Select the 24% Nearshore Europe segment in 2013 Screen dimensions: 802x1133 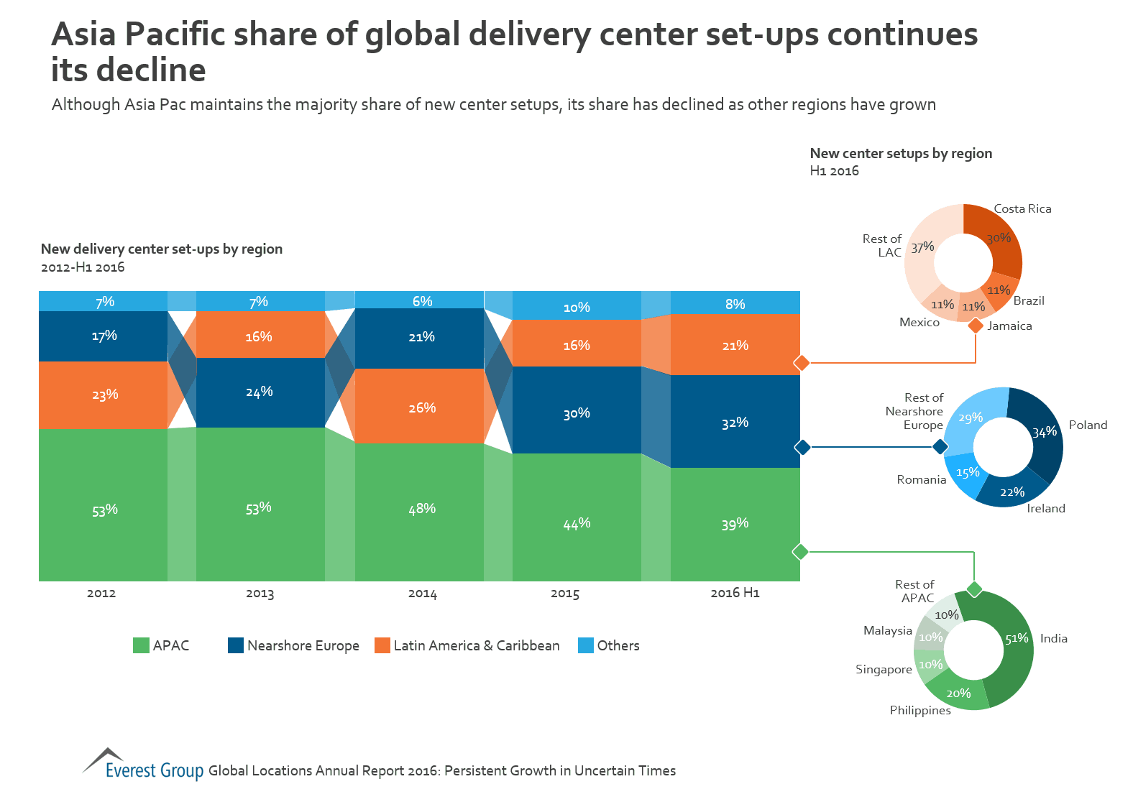tap(260, 392)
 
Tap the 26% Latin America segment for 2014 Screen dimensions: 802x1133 tap(422, 407)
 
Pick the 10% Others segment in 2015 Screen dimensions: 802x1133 tap(576, 307)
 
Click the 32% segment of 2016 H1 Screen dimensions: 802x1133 tap(735, 422)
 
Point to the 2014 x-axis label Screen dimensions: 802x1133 tap(422, 594)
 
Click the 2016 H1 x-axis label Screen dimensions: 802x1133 tap(735, 593)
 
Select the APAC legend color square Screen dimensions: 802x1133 tap(141, 645)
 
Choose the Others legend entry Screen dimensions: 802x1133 tap(609, 645)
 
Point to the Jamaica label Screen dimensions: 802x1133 tap(1009, 326)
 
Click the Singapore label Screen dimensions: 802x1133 tap(884, 670)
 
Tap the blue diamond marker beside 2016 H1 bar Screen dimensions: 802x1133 tap(802, 447)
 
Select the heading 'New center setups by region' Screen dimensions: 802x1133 tap(901, 153)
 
